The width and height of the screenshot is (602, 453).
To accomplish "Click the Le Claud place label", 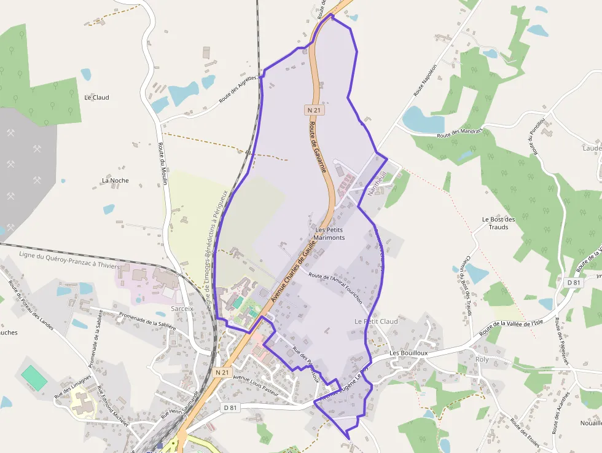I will (x=96, y=97).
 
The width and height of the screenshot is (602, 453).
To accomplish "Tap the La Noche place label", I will (x=115, y=180).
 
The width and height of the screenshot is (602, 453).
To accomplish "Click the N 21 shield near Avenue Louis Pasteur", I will (x=222, y=372).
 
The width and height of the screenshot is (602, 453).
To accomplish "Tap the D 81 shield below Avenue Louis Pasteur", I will (x=230, y=408).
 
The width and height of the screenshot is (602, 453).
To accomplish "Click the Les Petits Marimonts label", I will (x=329, y=234).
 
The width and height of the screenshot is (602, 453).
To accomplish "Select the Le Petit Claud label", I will (x=376, y=321).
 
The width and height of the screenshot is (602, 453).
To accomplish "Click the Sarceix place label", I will (x=182, y=309).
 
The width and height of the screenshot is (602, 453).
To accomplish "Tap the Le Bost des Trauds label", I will (x=495, y=223).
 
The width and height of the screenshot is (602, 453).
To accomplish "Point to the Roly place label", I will (x=482, y=360).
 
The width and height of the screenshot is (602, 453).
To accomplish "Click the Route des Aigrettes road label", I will (x=241, y=89).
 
